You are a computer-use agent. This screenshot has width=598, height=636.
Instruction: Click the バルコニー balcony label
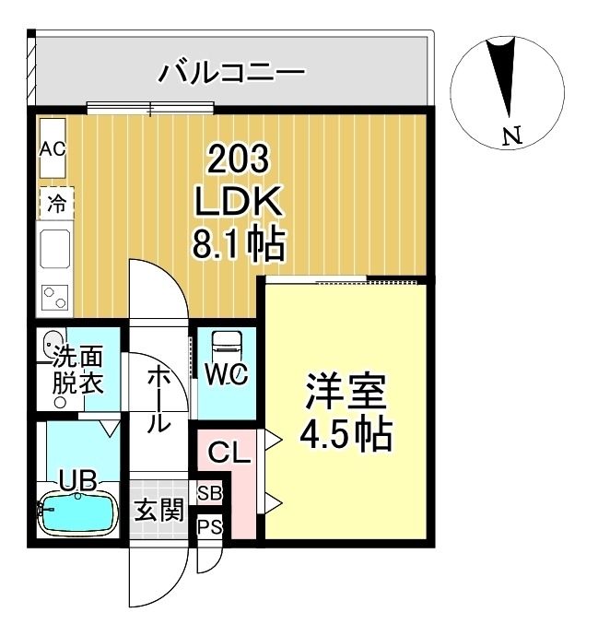click(231, 71)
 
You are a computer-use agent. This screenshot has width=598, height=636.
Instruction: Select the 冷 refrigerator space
click(56, 203)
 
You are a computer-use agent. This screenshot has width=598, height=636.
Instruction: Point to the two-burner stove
click(55, 298)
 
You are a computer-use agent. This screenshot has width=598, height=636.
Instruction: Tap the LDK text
click(237, 203)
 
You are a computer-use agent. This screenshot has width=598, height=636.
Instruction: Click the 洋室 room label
click(346, 393)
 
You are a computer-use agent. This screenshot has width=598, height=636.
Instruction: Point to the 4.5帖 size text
click(346, 433)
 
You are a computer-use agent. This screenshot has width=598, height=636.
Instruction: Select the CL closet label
click(228, 453)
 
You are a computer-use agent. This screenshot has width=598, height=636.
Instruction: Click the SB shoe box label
click(209, 493)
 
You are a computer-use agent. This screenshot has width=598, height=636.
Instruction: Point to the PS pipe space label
click(209, 527)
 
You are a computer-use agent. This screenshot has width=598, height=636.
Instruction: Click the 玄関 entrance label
click(159, 511)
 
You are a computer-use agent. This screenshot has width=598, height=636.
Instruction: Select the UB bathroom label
click(77, 479)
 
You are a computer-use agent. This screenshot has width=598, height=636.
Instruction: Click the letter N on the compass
click(512, 137)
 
